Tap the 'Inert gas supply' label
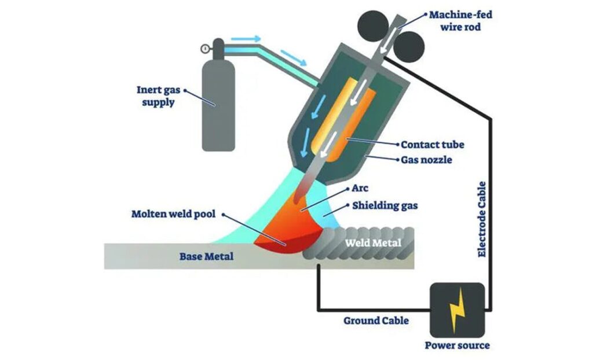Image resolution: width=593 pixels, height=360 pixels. click(158, 95)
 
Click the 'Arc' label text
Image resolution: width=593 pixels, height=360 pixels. click(360, 188)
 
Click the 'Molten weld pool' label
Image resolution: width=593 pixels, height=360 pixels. click(173, 214)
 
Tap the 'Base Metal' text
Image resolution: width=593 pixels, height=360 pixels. click(207, 256)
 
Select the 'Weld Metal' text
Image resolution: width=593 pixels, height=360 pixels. click(373, 243)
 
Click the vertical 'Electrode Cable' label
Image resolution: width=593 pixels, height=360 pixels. click(482, 220)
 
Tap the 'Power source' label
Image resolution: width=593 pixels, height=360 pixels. click(457, 346)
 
